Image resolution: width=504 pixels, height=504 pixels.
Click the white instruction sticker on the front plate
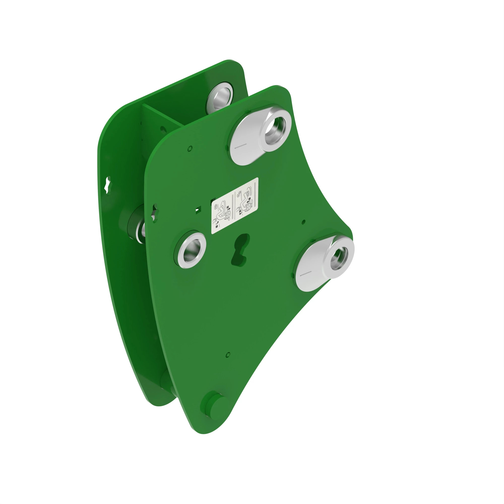pos(235,206)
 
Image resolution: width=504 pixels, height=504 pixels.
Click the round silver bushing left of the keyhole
pos(192,250)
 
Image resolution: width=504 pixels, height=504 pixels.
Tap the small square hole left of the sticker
pos(198,210)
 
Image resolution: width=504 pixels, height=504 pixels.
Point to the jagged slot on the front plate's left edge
pos(154,214)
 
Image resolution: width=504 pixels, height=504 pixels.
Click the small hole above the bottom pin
pos(228,355)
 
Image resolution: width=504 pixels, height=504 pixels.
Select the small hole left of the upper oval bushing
pos(190,148)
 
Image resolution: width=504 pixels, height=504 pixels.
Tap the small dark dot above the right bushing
pos(303,222)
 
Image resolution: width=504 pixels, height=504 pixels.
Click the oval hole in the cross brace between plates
pos(163,129)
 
